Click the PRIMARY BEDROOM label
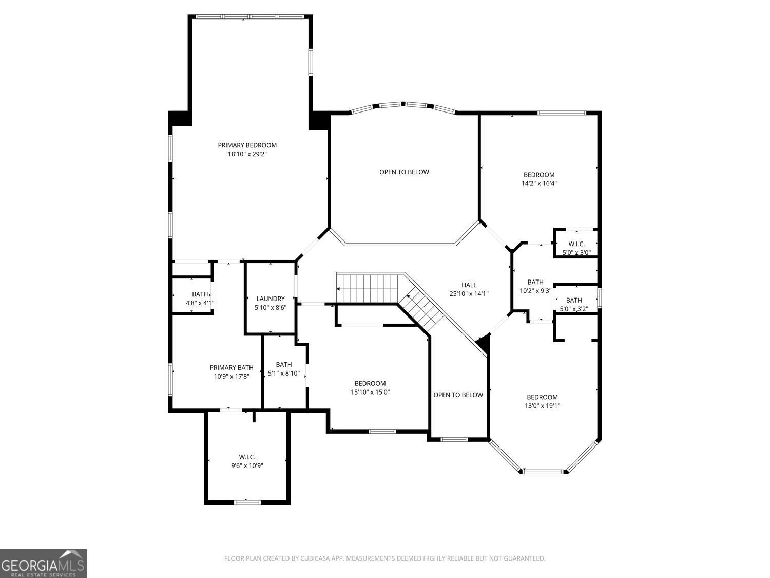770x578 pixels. pyautogui.click(x=247, y=145)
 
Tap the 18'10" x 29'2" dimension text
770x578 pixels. pyautogui.click(x=247, y=154)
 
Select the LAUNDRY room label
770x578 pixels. pyautogui.click(x=270, y=299)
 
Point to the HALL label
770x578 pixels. pyautogui.click(x=469, y=285)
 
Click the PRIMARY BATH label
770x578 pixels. pyautogui.click(x=232, y=367)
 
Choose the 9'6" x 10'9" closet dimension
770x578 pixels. pyautogui.click(x=247, y=465)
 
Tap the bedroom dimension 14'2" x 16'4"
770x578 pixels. pyautogui.click(x=539, y=183)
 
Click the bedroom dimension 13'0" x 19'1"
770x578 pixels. pyautogui.click(x=542, y=406)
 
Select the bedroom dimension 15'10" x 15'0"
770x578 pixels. pyautogui.click(x=370, y=392)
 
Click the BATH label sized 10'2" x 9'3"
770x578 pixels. pyautogui.click(x=535, y=282)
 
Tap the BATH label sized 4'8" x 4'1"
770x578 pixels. pyautogui.click(x=200, y=294)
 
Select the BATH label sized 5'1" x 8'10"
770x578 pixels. pyautogui.click(x=284, y=365)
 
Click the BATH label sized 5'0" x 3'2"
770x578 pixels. pyautogui.click(x=574, y=301)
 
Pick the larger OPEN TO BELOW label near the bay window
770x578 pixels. pyautogui.click(x=404, y=172)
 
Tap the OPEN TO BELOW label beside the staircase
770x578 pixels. pyautogui.click(x=458, y=395)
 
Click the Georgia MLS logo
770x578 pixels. pyautogui.click(x=43, y=564)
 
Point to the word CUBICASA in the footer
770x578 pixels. pyautogui.click(x=315, y=558)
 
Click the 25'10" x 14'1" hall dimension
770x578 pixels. pyautogui.click(x=469, y=294)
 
